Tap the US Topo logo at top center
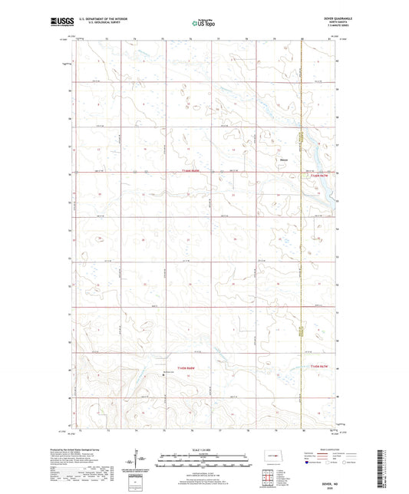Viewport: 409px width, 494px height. point(204,23)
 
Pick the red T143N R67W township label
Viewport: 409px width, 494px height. point(322,367)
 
